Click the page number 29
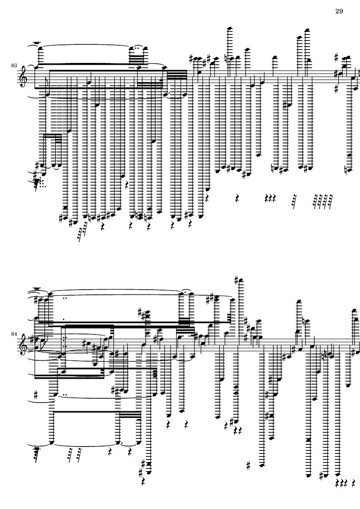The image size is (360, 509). tap(338, 11)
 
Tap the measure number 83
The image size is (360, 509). tap(14, 65)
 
